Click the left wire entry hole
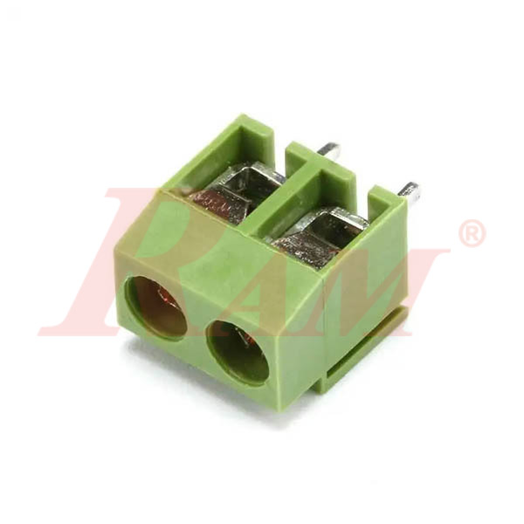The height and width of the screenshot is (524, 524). coord(157,307)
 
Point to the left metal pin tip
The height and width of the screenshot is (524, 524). coord(329,149)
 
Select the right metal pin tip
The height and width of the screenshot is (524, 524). coord(409,190)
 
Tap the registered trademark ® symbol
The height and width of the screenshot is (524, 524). coord(472,233)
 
